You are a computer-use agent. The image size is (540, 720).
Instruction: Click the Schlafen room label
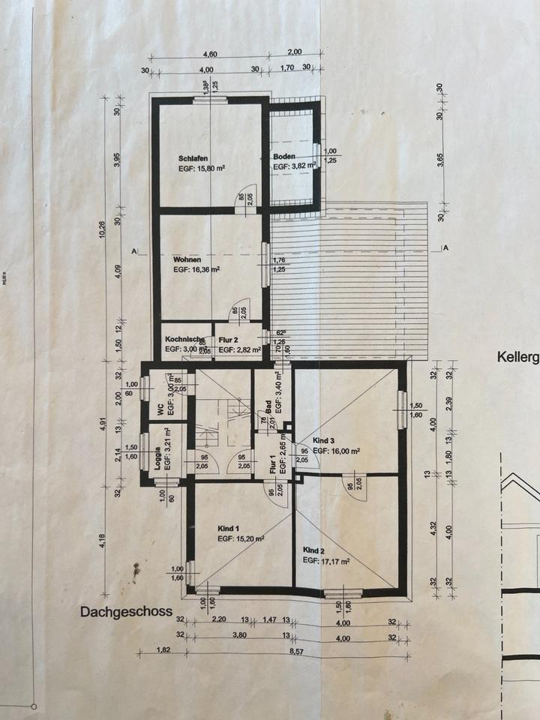pyautogui.click(x=192, y=159)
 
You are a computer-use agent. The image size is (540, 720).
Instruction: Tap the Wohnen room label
pyautogui.click(x=186, y=259)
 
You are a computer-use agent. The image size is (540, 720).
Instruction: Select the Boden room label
pyautogui.click(x=284, y=157)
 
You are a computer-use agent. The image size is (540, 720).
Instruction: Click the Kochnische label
pyautogui.click(x=184, y=340)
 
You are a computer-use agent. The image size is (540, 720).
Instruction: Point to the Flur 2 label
pyautogui.click(x=229, y=340)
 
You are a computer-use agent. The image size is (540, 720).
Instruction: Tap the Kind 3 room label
pyautogui.click(x=325, y=441)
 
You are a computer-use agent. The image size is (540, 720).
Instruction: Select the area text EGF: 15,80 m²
pyautogui.click(x=202, y=169)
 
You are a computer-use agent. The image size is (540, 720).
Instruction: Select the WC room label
pyautogui.click(x=160, y=409)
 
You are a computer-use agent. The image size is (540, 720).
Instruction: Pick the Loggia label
pyautogui.click(x=158, y=460)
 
